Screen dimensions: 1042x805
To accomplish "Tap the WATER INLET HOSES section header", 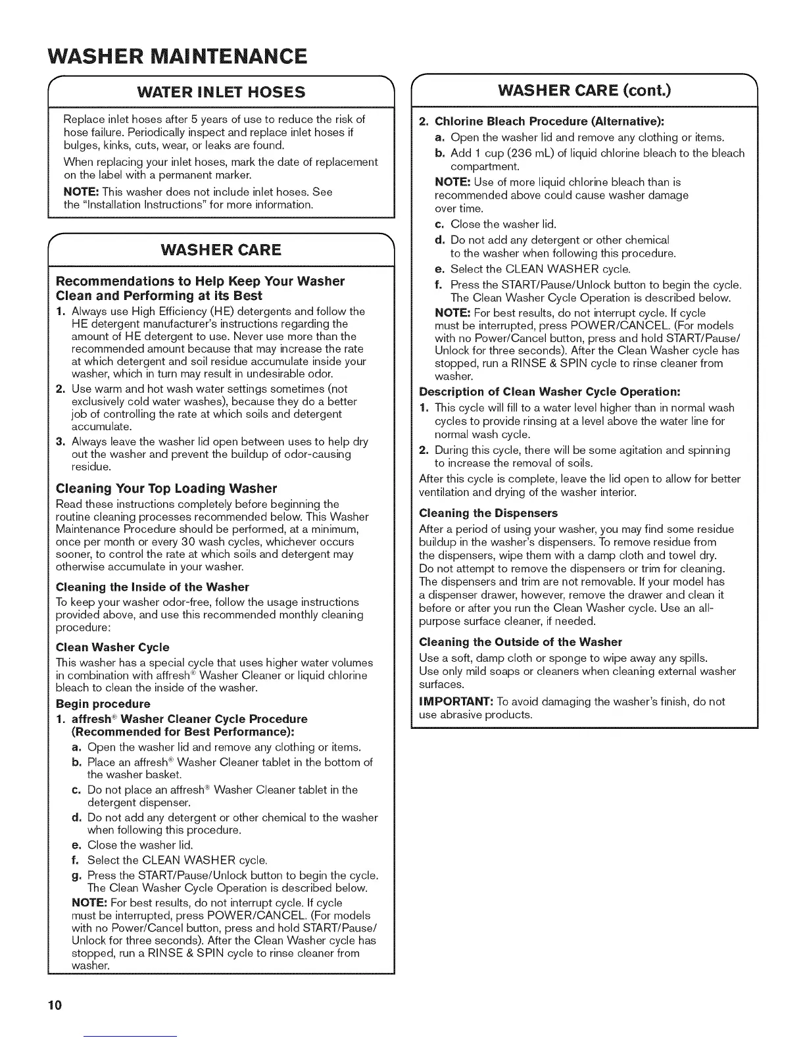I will [x=220, y=92].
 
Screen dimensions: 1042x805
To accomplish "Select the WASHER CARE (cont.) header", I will [x=584, y=89].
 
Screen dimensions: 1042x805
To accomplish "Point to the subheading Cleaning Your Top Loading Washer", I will [x=166, y=488].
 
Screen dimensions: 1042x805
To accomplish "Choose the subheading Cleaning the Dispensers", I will [x=488, y=512].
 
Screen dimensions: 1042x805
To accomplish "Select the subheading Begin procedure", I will [x=103, y=704].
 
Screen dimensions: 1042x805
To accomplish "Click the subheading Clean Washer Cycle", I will [x=112, y=647].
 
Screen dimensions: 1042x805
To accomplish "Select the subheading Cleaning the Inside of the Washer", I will [x=153, y=587].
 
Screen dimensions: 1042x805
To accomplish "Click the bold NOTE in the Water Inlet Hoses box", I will [x=81, y=192].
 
